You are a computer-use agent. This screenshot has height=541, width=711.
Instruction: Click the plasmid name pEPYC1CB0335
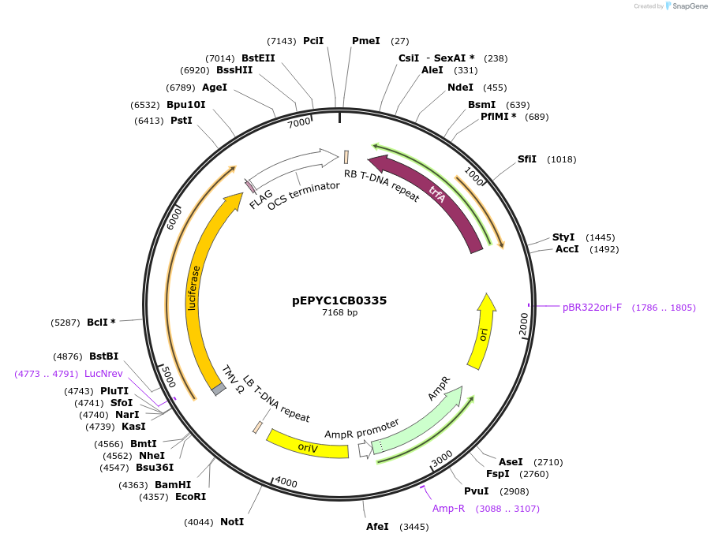pos(339,300)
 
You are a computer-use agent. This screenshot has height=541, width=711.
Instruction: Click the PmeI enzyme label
pos(365,41)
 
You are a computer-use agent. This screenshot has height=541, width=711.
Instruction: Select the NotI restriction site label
pos(232,522)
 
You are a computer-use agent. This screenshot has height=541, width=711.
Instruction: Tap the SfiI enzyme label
pos(527,159)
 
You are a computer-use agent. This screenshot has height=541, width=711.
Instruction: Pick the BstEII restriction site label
pos(258,58)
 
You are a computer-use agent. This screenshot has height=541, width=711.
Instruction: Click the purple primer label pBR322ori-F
pos(592,308)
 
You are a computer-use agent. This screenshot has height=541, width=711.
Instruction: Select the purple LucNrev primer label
pos(103,374)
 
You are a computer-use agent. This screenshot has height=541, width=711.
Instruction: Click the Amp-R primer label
pos(448,509)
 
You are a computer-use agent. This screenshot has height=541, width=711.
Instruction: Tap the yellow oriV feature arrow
pos(308,446)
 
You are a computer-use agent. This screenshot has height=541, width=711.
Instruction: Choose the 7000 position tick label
pos(299,123)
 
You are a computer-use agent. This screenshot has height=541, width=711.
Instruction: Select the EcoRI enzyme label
pos(189,497)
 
